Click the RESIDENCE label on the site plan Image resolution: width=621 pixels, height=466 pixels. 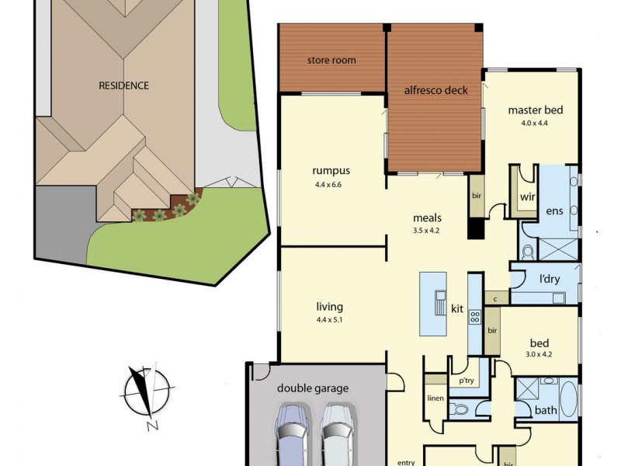click(123, 85)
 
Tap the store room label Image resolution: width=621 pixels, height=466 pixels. click(331, 60)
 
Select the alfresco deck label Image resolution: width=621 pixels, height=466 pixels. click(435, 90)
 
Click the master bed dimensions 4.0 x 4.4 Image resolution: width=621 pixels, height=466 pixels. click(535, 123)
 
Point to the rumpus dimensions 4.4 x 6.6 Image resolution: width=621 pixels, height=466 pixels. click(331, 185)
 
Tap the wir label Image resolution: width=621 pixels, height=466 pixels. click(528, 196)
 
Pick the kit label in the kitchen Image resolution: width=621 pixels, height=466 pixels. click(457, 309)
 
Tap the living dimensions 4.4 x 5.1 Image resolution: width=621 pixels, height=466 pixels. click(329, 320)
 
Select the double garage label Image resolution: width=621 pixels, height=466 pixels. click(313, 388)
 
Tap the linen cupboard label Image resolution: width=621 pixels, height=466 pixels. click(435, 399)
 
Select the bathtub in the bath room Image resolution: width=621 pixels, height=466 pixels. click(568, 399)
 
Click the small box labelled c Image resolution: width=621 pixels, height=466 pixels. click(494, 298)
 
